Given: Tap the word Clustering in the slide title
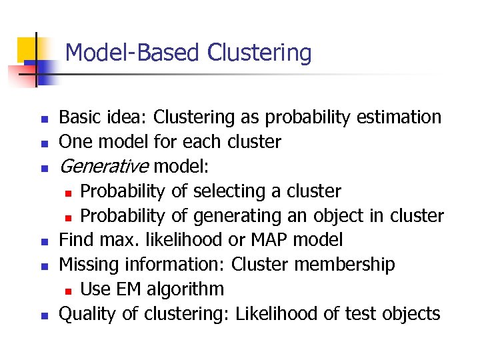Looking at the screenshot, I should click(260, 52).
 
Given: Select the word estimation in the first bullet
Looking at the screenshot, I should click(399, 117).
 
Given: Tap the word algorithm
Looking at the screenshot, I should click(185, 289).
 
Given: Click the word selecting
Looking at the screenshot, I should click(229, 191).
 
